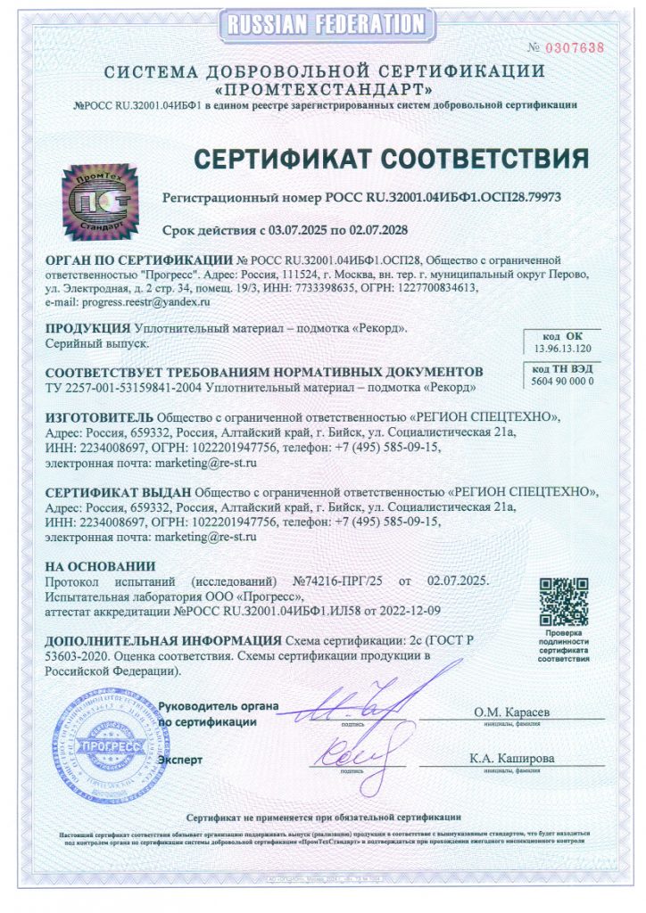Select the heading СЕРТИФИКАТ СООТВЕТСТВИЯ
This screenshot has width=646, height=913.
click(392, 159)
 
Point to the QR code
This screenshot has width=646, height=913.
click(565, 600)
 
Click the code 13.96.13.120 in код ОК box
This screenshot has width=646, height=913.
click(563, 349)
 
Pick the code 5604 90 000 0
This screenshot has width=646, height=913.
click(562, 381)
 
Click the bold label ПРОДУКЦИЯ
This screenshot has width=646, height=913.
click(87, 328)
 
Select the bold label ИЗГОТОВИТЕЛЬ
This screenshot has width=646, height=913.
click(99, 416)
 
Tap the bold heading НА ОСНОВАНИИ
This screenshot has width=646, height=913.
click(100, 566)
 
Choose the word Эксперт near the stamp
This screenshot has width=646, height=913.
click(180, 760)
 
